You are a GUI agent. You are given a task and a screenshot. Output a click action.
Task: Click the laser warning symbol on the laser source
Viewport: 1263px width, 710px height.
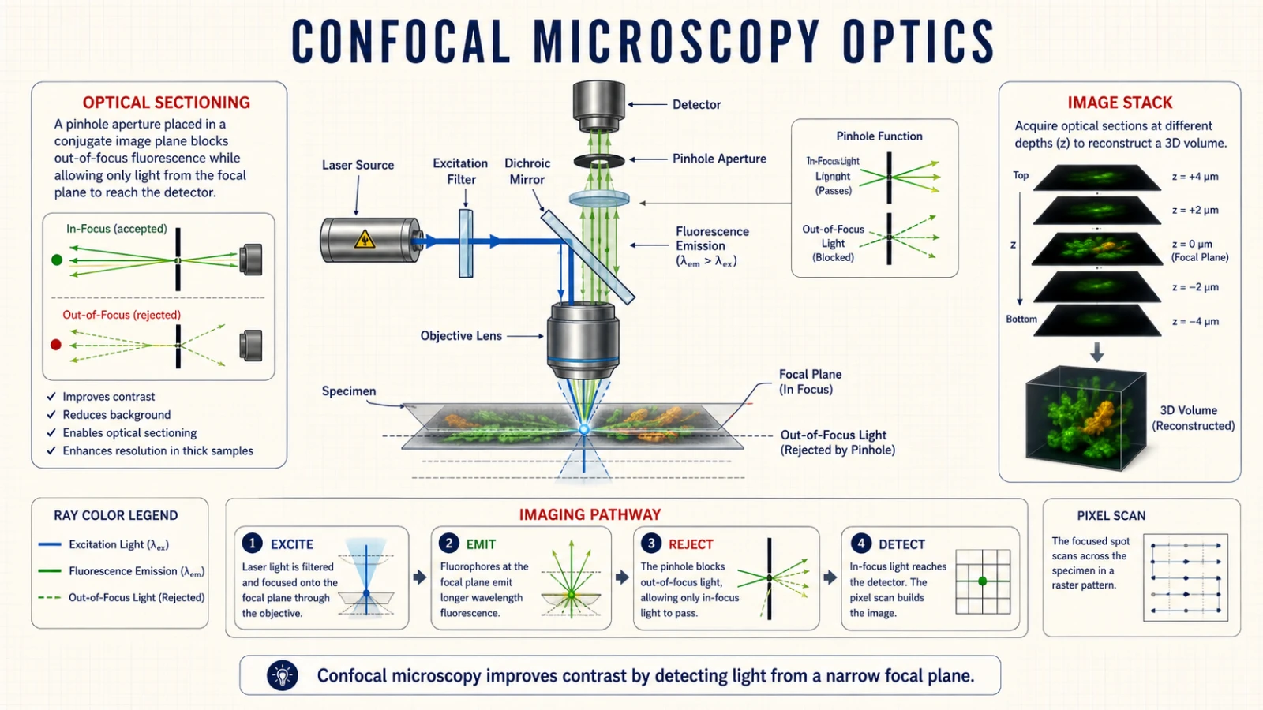coord(365,239)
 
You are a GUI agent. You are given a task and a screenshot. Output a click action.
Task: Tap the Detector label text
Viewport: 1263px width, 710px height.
coord(696,105)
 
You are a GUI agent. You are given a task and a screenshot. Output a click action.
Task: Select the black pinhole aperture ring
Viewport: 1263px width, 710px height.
coord(599,161)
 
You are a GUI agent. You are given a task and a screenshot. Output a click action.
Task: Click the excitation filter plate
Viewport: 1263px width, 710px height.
coord(466,244)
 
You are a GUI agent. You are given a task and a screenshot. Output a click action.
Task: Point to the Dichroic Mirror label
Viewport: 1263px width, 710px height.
coord(527,171)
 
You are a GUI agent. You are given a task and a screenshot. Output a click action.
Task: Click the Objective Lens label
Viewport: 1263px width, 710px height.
coord(461,336)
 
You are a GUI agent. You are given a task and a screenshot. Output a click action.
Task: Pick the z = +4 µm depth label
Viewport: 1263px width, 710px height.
coord(1195,177)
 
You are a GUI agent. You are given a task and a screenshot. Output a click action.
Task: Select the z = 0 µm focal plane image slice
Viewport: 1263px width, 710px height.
coord(1096,248)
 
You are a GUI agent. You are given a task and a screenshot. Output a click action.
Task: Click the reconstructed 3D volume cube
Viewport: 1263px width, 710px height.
coord(1085,418)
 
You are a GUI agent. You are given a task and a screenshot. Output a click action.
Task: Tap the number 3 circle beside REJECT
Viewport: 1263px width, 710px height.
coord(651,544)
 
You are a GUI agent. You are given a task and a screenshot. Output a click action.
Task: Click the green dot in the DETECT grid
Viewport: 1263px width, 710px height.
coord(982,581)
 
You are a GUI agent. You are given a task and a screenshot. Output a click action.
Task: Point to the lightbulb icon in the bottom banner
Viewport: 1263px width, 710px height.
coord(283,675)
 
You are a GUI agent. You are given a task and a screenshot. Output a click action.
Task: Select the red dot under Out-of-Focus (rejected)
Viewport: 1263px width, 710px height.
coord(56,344)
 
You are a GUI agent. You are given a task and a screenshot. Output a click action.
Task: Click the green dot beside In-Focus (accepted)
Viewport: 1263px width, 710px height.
coord(57,260)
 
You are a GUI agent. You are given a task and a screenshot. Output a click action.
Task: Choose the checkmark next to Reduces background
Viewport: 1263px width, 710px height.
coord(51,415)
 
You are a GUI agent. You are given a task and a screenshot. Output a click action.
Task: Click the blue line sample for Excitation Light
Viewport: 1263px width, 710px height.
coord(50,544)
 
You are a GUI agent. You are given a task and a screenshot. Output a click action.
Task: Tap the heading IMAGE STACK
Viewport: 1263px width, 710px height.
coord(1120,103)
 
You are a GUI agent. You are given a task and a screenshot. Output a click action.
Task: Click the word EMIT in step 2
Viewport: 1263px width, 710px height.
coord(481,544)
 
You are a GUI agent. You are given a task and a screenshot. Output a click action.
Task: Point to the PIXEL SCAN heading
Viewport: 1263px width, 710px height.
coord(1111,516)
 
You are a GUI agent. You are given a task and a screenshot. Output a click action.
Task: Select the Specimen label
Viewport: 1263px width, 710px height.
coord(348,391)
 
